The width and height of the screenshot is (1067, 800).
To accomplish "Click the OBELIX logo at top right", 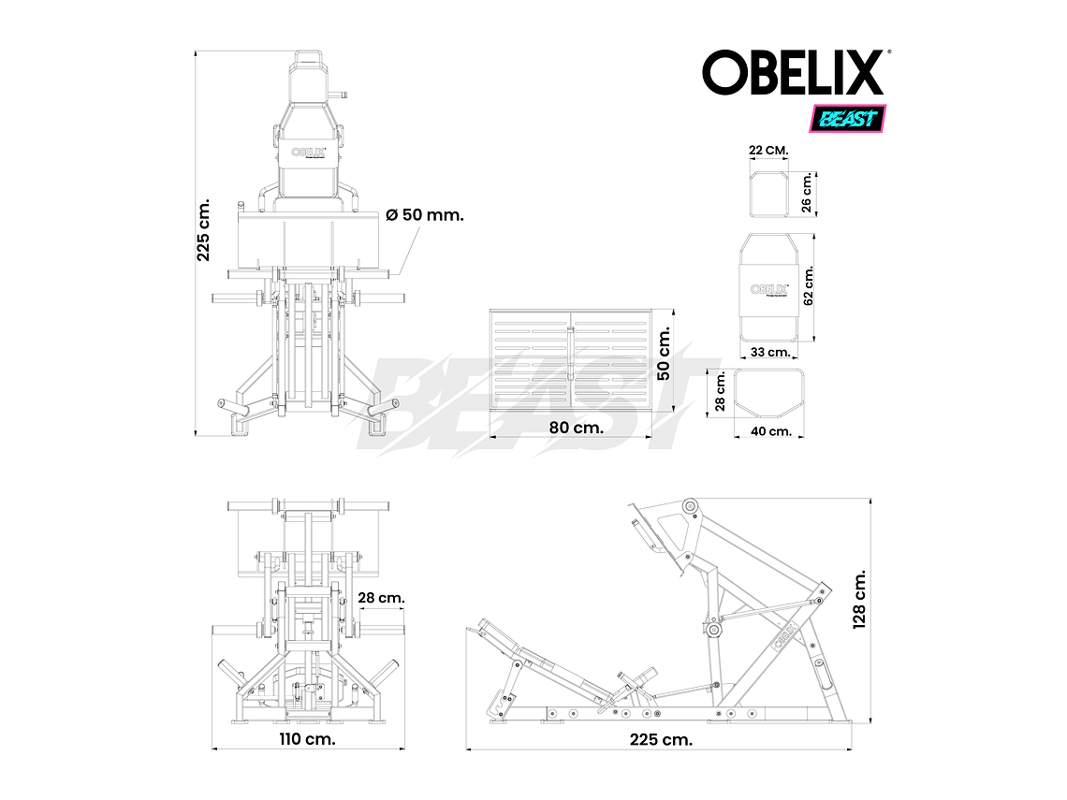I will coord(794,73).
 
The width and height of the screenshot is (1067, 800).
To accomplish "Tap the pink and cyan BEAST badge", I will coord(847,119).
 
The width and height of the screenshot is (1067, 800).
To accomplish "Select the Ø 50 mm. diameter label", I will coord(425,214).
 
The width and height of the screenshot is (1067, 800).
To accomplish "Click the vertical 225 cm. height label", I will coord(204,229).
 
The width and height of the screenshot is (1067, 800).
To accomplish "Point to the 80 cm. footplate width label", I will coord(576,427).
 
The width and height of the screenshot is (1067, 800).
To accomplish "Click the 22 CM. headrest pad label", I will coord(768,151).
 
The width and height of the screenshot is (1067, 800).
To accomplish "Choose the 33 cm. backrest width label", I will coord(772,353).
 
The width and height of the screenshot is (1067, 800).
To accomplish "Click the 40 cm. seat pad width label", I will coord(772,431).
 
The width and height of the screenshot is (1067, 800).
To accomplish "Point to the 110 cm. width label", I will coord(308,738).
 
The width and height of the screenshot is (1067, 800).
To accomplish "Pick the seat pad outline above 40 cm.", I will coord(770,394).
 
